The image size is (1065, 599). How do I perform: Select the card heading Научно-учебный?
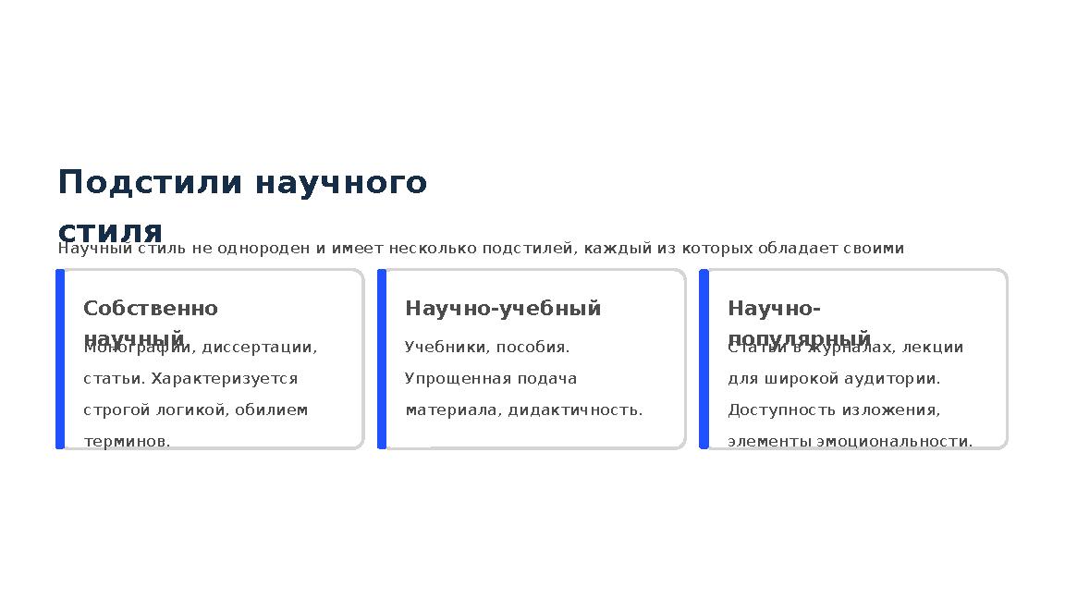pyautogui.click(x=503, y=309)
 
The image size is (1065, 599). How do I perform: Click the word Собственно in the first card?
pyautogui.click(x=151, y=309)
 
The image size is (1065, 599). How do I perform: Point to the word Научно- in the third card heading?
pyautogui.click(x=774, y=309)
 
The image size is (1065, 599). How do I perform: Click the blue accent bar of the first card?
pyautogui.click(x=60, y=359)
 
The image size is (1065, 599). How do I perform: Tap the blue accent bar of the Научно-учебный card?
pyautogui.click(x=382, y=359)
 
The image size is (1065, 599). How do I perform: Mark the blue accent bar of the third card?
pyautogui.click(x=704, y=359)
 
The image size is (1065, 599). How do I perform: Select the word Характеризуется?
pyautogui.click(x=225, y=379)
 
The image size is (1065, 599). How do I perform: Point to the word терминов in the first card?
pyautogui.click(x=127, y=442)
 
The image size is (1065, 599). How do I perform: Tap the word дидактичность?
pyautogui.click(x=575, y=410)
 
